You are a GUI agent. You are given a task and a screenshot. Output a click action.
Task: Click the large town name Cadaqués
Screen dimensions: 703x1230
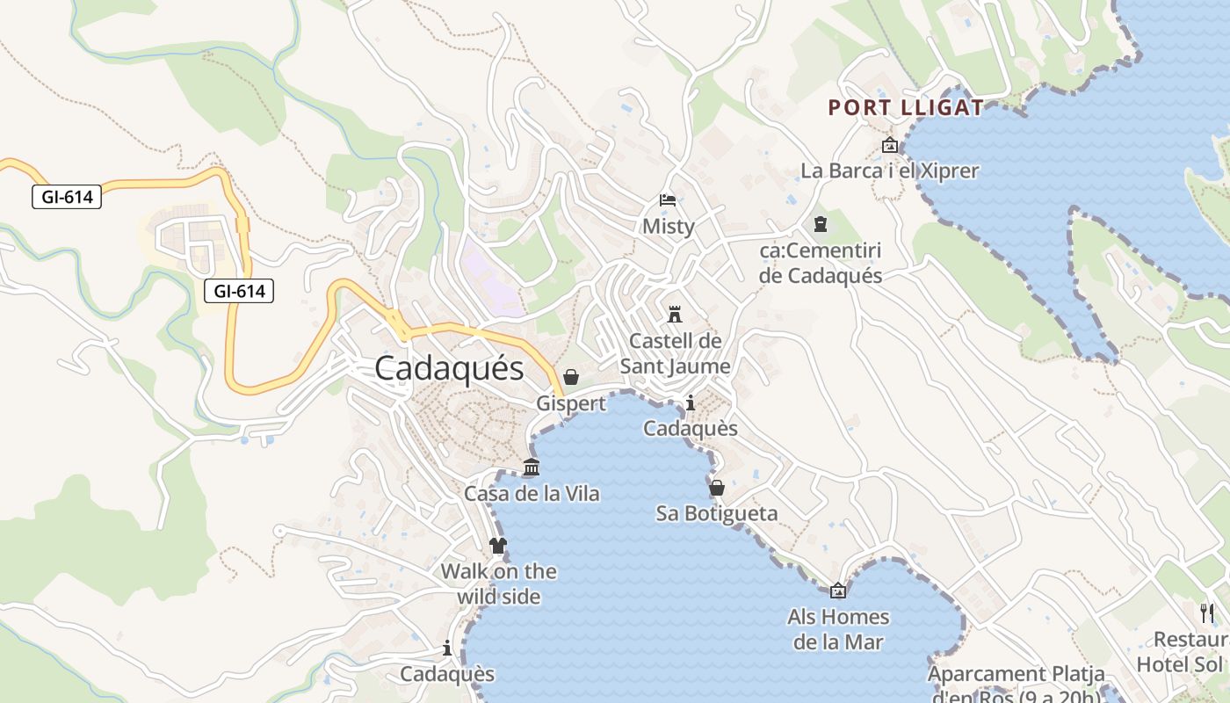click(449, 368)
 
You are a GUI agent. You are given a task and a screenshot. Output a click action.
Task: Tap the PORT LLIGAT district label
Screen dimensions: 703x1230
click(906, 108)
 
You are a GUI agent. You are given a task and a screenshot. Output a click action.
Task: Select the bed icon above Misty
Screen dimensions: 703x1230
click(668, 200)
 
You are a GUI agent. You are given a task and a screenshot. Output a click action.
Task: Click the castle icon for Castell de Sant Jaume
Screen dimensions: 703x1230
click(675, 314)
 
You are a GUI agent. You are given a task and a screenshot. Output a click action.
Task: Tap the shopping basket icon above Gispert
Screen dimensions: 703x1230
click(571, 377)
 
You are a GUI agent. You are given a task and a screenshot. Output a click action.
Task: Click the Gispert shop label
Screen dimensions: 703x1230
click(571, 403)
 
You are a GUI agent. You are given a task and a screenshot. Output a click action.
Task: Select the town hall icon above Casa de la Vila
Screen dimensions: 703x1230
click(532, 467)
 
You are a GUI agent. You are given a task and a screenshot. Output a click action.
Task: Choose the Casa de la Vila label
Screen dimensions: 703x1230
click(532, 494)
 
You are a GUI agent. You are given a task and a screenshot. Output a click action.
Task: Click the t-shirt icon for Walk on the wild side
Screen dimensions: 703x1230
click(498, 545)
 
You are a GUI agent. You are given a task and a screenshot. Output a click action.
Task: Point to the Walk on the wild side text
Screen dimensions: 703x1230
click(498, 583)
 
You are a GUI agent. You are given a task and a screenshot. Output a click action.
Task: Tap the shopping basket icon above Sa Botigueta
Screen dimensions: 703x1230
click(717, 487)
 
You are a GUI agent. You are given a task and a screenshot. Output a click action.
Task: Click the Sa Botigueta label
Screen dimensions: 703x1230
click(717, 513)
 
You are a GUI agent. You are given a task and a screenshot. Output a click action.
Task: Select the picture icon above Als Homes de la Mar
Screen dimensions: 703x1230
click(838, 591)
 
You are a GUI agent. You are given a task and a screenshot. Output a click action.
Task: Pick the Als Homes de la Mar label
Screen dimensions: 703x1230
click(838, 629)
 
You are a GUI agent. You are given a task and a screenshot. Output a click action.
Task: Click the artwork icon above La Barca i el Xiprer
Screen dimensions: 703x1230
click(889, 145)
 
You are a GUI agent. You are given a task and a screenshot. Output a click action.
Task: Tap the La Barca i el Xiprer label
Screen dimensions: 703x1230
click(889, 170)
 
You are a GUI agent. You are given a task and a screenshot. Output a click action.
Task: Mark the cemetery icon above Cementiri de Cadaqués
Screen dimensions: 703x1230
click(821, 224)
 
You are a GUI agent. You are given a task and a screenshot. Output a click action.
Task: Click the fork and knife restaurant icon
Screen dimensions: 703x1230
click(1208, 612)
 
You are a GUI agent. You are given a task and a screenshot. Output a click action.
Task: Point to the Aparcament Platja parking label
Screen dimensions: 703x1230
click(1017, 675)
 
